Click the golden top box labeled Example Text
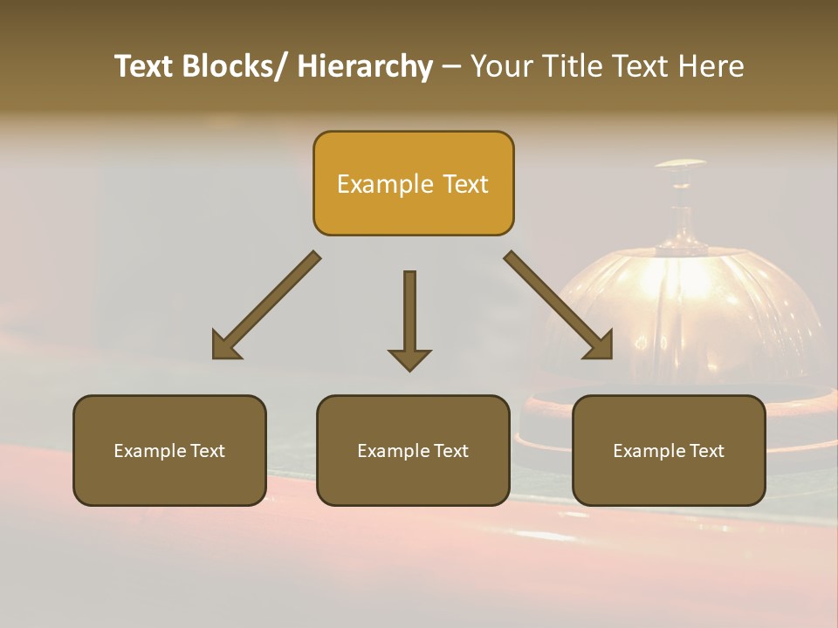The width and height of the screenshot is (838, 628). point(413,183)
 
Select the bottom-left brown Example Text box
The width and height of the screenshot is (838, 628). point(169,450)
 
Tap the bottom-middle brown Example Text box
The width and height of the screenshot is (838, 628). point(413,450)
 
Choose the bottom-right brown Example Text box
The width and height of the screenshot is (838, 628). point(669,450)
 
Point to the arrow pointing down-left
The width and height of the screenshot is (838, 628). point(266,305)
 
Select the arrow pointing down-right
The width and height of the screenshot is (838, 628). point(559,305)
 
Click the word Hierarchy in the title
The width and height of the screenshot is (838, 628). point(365,66)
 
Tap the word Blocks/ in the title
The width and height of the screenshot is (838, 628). point(234,66)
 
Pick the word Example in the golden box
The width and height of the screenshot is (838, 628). point(385,184)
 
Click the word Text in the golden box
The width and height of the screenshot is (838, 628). point(464,184)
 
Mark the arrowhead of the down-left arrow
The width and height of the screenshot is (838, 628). point(226,345)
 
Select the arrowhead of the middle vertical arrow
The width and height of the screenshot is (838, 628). point(409,358)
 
